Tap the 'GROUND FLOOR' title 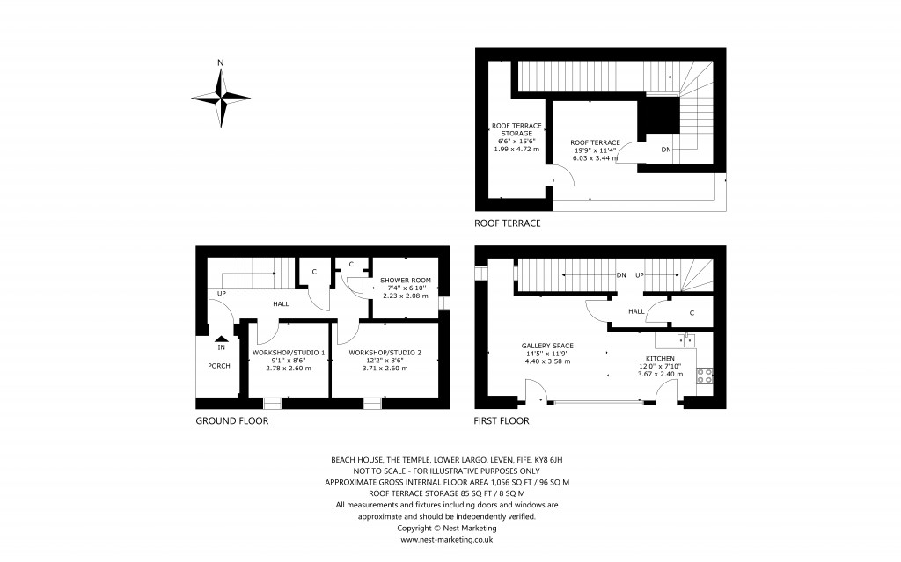(231, 421)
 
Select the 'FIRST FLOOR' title (502, 421)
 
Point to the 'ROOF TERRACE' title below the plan (507, 223)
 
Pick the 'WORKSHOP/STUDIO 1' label (289, 353)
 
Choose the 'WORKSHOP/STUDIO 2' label (385, 353)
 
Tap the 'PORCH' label (219, 366)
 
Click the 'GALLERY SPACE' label (547, 346)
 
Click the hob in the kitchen (706, 376)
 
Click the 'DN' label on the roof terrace (666, 150)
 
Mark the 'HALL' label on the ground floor (281, 303)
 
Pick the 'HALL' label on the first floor (636, 311)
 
